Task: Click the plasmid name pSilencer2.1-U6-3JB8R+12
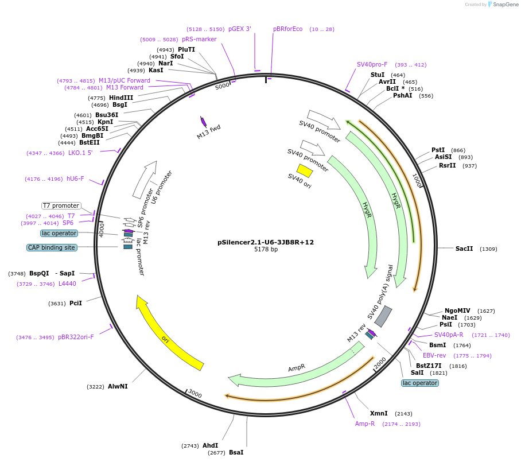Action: pos(266,242)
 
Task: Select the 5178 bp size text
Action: pos(266,250)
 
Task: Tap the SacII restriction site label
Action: pos(464,249)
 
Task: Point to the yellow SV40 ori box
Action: pos(305,170)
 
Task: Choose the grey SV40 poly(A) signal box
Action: pos(383,316)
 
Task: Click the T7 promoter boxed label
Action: pos(61,205)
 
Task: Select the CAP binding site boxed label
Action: pos(51,247)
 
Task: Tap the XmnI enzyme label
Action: pos(379,413)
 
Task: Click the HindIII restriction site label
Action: pos(121,98)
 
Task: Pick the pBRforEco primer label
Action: pos(287,29)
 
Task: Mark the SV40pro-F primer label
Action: pos(372,65)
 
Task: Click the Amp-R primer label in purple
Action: pos(365,424)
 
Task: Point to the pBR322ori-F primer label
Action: pos(76,337)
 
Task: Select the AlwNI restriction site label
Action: pos(118,386)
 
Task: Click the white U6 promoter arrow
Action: pos(144,180)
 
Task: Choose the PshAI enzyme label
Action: pos(403,96)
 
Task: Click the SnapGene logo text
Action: pos(506,5)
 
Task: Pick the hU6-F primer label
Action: pos(75,178)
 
